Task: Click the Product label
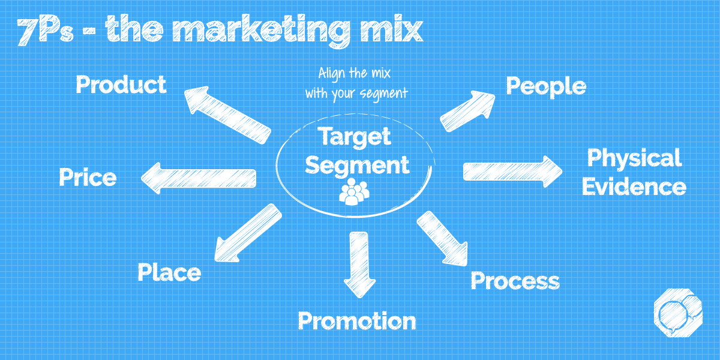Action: pos(121,85)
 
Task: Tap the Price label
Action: pos(88,178)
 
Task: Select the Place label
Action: pos(169,273)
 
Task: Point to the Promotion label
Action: pos(357,322)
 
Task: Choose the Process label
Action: pos(515,281)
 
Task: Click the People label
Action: pos(545,86)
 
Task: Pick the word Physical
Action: pos(634,158)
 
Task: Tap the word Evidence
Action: pos(634,187)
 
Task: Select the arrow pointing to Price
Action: pos(199,178)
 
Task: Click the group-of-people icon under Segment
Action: pos(354,192)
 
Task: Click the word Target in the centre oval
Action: pos(355,137)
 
